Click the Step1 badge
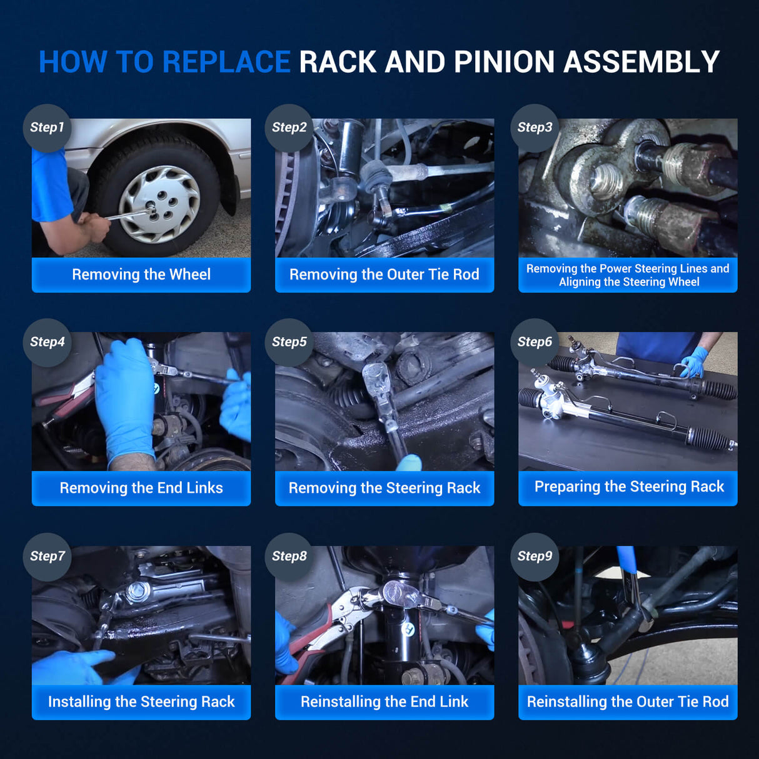(47, 128)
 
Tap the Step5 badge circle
(289, 342)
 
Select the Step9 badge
(535, 556)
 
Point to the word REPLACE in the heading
(226, 62)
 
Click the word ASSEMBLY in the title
(641, 62)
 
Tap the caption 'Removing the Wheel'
(141, 274)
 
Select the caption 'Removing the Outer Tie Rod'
(384, 274)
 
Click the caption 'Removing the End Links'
(141, 488)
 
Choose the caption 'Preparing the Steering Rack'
(629, 487)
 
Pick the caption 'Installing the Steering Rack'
(141, 701)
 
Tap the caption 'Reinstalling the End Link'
(384, 701)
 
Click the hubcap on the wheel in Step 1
(159, 204)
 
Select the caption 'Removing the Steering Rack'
(384, 488)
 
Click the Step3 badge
(535, 128)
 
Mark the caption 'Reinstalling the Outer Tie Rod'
(628, 701)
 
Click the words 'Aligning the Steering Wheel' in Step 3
(629, 282)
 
